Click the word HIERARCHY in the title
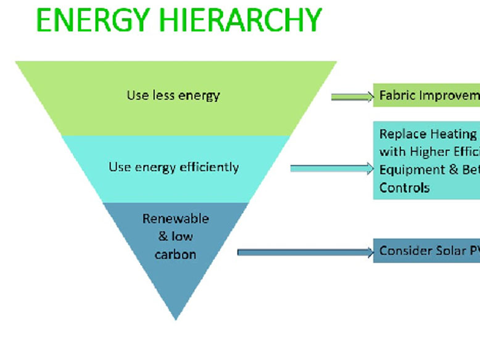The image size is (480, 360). (x=243, y=20)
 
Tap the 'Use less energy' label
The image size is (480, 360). (x=173, y=96)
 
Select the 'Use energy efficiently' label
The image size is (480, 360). (x=173, y=167)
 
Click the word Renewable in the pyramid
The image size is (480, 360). (x=176, y=219)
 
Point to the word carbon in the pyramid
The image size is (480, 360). (x=176, y=254)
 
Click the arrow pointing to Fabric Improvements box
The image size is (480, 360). (x=352, y=97)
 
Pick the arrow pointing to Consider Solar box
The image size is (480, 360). (x=305, y=252)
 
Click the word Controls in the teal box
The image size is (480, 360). (x=404, y=187)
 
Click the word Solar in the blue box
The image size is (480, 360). (x=447, y=251)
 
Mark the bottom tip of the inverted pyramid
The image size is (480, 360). (x=176, y=317)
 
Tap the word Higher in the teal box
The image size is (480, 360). (x=431, y=152)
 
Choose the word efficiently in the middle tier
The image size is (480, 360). (x=209, y=167)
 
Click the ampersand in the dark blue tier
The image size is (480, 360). (x=163, y=237)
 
